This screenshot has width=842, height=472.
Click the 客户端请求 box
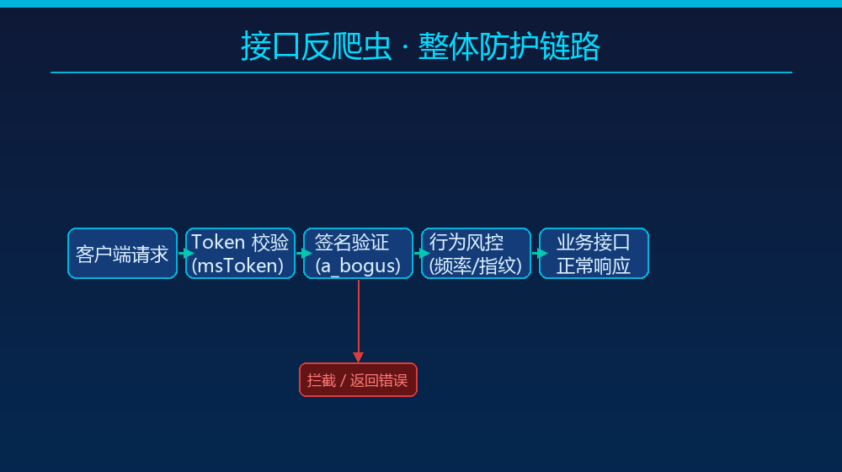tap(122, 253)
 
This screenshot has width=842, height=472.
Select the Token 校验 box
tap(240, 253)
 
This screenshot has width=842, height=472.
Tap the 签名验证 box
tap(358, 253)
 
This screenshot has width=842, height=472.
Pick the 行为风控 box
tap(476, 253)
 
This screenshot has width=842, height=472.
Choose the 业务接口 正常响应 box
tap(594, 253)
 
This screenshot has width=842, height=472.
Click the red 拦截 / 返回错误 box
tap(358, 379)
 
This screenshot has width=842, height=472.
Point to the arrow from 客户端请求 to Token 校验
tap(186, 253)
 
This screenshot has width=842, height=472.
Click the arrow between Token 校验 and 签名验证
tap(304, 253)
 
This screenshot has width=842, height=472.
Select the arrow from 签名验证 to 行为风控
tap(422, 253)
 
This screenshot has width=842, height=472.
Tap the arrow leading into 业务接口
tap(540, 253)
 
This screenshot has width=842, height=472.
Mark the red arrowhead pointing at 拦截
tap(358, 357)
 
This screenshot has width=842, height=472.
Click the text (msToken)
tap(238, 266)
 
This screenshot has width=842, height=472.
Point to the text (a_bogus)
tap(358, 266)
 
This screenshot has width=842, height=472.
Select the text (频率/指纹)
tap(476, 266)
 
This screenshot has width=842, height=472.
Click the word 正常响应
tap(594, 266)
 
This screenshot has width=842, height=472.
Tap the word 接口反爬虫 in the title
tap(316, 46)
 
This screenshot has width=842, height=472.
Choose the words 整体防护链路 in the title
tap(509, 46)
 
